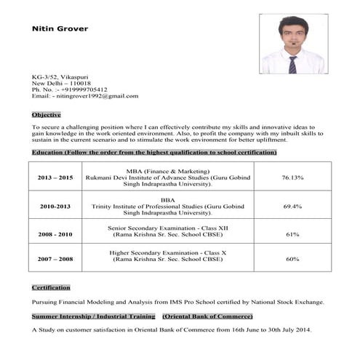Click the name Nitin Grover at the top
60,29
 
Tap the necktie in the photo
292,64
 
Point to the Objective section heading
46,114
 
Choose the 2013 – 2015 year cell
56,177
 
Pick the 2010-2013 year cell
56,207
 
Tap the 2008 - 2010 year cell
56,234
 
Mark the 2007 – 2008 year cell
56,259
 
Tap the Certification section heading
51,287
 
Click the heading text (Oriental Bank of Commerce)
207,316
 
